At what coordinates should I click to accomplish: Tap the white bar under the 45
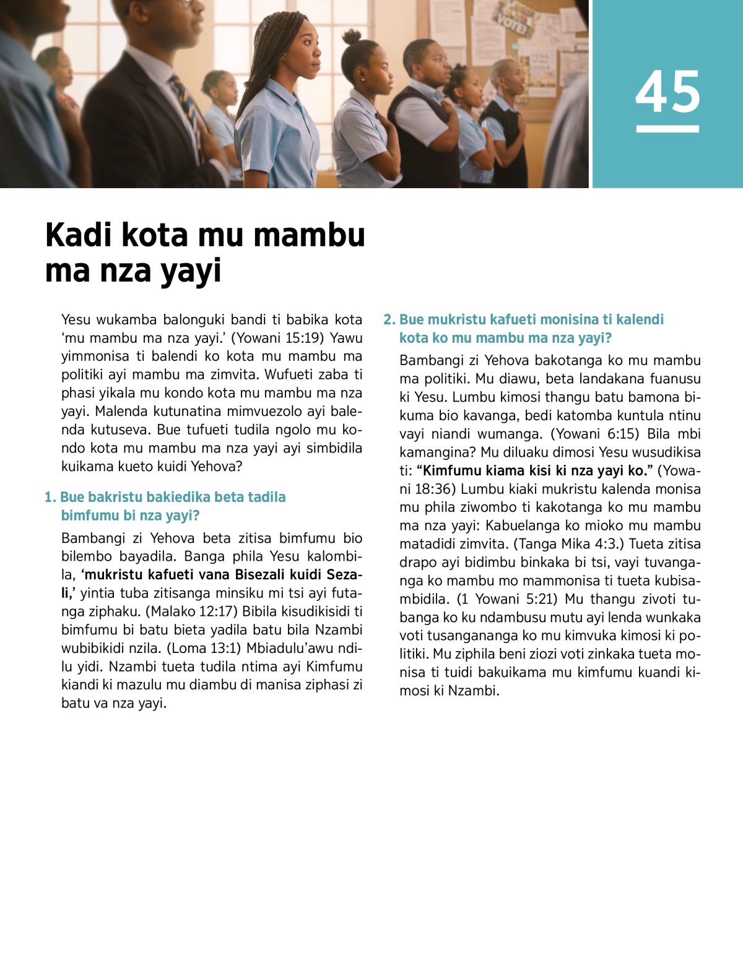click(x=667, y=129)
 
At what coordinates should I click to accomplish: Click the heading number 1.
click(x=50, y=497)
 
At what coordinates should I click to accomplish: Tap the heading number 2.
click(x=388, y=319)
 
